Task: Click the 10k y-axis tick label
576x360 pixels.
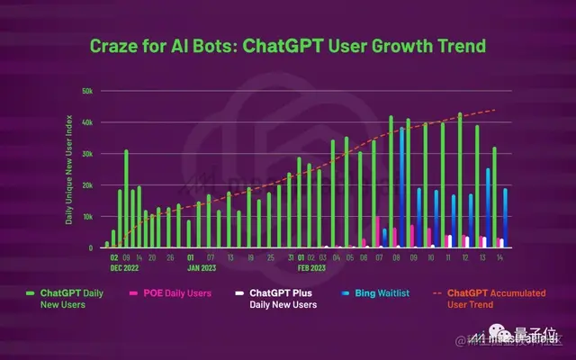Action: pyautogui.click(x=87, y=217)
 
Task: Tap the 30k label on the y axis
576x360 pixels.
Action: pyautogui.click(x=87, y=154)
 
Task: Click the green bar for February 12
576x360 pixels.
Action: pyautogui.click(x=460, y=180)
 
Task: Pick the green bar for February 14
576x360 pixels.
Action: pyautogui.click(x=494, y=196)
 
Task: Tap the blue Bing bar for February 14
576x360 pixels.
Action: pyautogui.click(x=505, y=217)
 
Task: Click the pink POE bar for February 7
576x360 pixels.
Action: pyautogui.click(x=377, y=231)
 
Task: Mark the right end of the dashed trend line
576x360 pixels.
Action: pyautogui.click(x=496, y=110)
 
